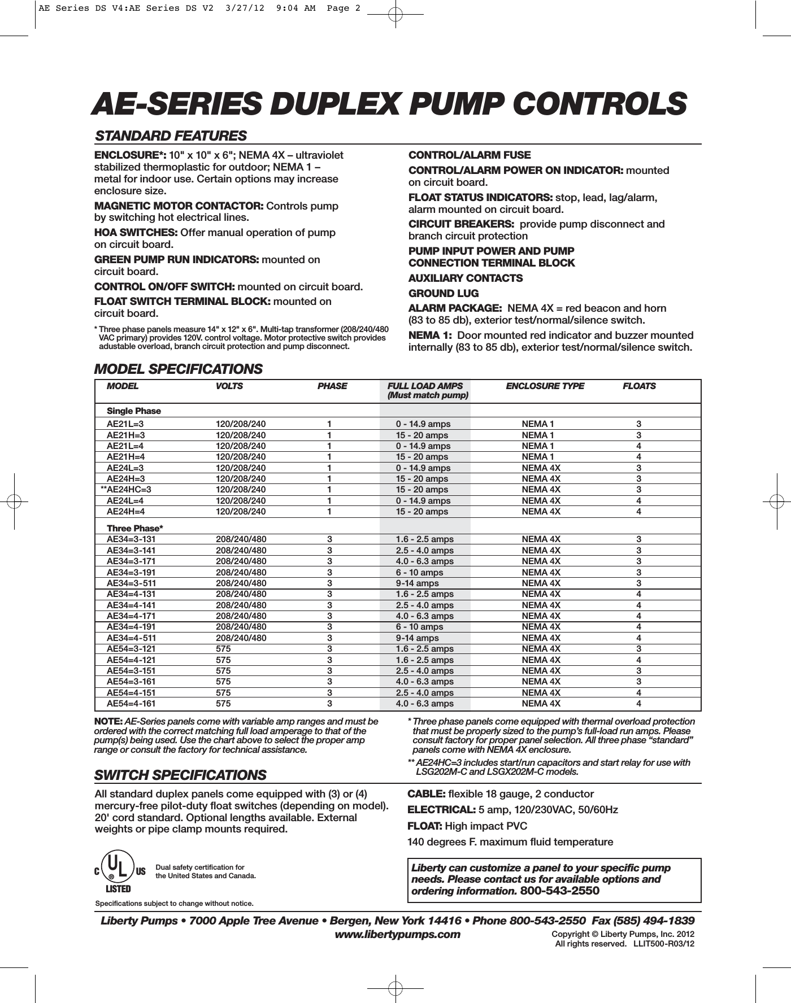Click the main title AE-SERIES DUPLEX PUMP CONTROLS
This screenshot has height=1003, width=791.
click(x=390, y=104)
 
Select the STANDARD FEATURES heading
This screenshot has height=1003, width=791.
click(x=171, y=136)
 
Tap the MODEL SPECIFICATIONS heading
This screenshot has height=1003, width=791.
click(x=178, y=369)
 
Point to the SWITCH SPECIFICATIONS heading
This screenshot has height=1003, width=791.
click(x=180, y=775)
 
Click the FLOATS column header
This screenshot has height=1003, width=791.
click(x=639, y=386)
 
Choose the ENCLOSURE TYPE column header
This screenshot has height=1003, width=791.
click(x=545, y=386)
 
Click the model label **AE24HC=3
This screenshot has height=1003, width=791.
click(x=125, y=490)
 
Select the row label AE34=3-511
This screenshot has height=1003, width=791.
click(x=131, y=583)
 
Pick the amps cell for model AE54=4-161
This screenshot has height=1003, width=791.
click(x=424, y=704)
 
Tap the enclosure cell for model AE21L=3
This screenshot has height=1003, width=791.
click(x=538, y=424)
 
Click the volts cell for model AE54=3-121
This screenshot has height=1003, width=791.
click(x=223, y=649)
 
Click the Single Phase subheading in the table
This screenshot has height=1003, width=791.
click(x=134, y=411)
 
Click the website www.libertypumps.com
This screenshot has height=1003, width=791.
click(x=398, y=935)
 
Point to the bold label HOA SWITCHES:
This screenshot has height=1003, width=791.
click(x=136, y=233)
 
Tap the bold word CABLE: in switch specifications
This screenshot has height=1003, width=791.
click(x=427, y=794)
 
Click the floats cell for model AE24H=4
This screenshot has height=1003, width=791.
click(x=638, y=512)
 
